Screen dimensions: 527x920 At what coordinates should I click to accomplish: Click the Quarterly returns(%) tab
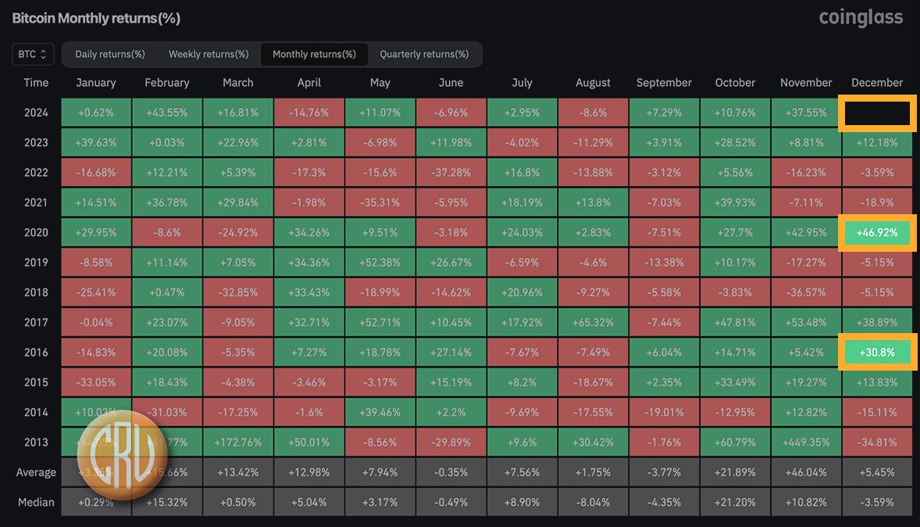424,54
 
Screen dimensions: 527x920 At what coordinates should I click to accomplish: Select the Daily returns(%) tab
110,54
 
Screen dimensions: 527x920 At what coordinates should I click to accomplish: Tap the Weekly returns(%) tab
209,54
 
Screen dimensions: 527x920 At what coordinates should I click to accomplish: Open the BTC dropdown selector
33,54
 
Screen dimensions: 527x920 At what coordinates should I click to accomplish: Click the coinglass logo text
861,16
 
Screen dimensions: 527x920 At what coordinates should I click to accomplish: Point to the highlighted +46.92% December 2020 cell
877,232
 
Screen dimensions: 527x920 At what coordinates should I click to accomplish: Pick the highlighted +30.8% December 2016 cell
877,353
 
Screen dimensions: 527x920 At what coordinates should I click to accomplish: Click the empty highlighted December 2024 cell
877,113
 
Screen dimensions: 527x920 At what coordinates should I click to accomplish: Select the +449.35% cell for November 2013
806,442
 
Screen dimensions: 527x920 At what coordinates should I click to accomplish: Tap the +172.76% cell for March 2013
238,442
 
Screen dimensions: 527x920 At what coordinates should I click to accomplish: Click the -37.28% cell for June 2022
451,173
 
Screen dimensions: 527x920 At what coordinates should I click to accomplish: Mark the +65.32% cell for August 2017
593,322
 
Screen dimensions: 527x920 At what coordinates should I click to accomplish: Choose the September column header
664,83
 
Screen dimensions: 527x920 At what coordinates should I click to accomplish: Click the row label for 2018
36,292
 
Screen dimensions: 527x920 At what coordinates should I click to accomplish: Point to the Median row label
36,502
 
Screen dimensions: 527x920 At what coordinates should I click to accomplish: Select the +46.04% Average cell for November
806,472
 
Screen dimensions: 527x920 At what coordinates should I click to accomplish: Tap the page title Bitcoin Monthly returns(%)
96,17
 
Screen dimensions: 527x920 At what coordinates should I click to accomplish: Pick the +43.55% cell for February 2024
167,113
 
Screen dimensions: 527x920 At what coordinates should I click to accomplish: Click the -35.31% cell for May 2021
380,203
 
